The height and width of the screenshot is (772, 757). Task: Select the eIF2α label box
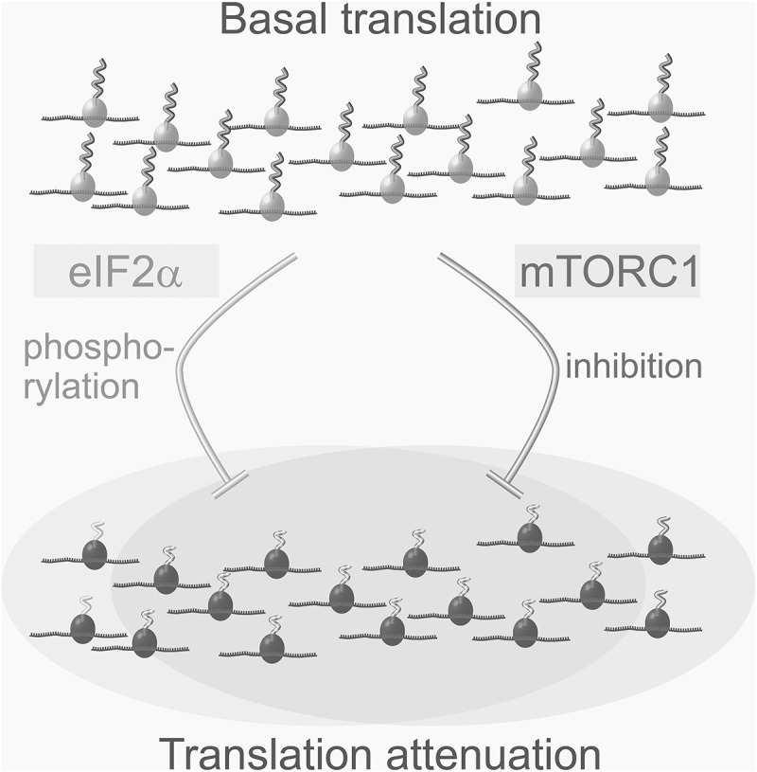tap(126, 271)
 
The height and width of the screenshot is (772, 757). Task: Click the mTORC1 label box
tap(607, 271)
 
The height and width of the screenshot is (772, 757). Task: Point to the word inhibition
tap(634, 367)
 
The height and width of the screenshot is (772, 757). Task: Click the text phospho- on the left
tap(98, 351)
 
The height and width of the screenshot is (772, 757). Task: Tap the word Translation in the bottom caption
tap(265, 753)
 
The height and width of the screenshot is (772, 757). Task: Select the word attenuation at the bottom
tap(490, 754)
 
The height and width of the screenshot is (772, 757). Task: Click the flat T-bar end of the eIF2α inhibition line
tap(230, 484)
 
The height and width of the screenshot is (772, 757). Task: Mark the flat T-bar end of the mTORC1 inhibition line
tap(505, 484)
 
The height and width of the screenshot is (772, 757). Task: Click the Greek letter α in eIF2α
tap(167, 276)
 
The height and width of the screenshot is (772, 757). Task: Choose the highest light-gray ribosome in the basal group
tap(529, 97)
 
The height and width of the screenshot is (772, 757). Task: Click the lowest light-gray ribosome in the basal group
tap(272, 206)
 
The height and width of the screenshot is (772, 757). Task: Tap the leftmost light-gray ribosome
tap(82, 188)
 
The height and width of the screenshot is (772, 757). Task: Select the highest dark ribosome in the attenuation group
tap(529, 539)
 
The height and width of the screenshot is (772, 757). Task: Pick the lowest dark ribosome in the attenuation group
tap(272, 649)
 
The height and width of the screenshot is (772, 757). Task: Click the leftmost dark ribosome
tap(82, 629)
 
